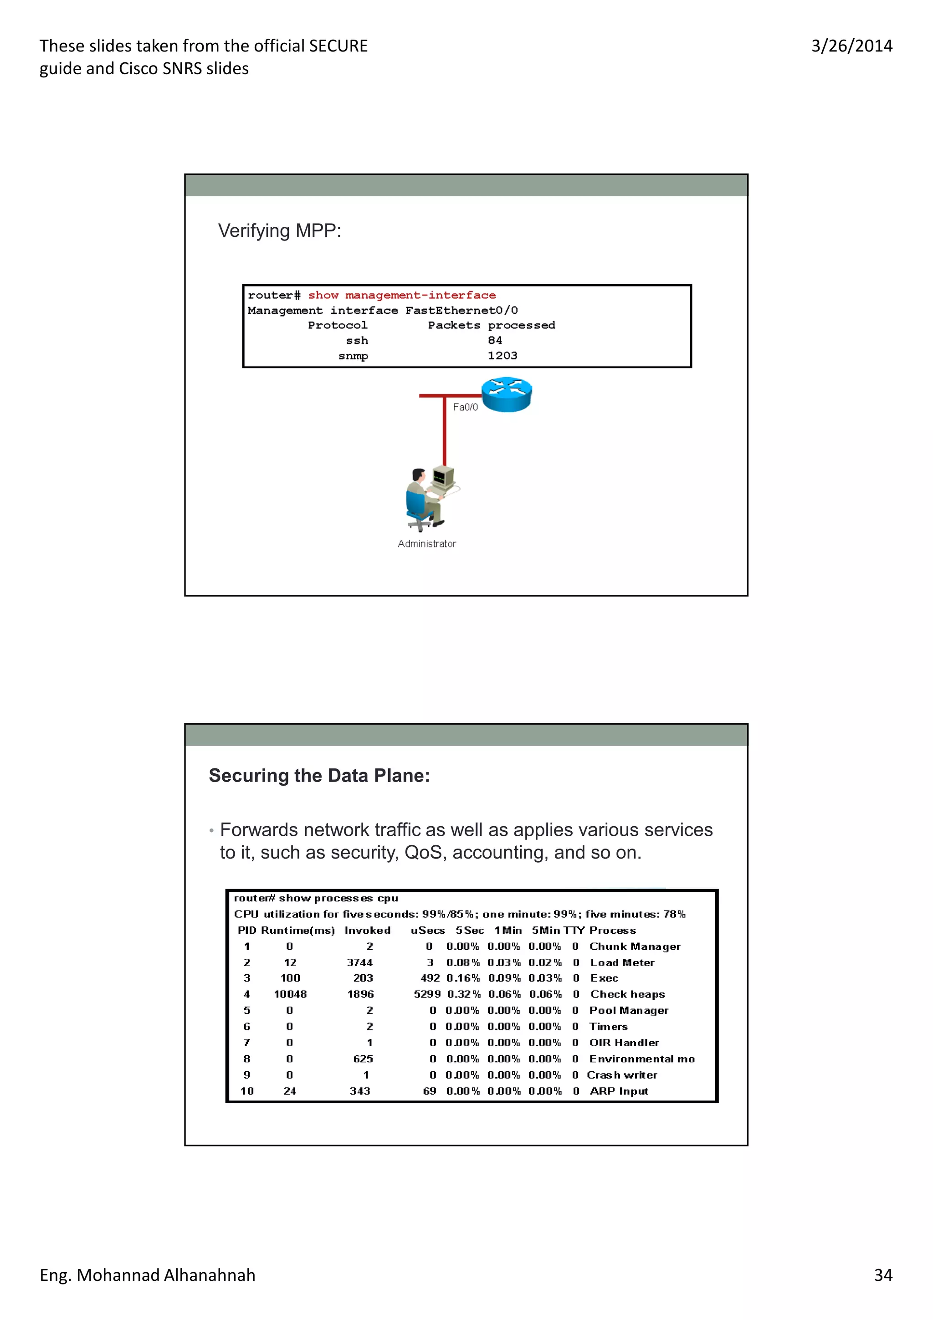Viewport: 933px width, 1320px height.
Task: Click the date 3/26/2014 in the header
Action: [851, 46]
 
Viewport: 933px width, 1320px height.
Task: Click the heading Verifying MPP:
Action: [279, 230]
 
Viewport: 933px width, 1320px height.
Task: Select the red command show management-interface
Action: [402, 295]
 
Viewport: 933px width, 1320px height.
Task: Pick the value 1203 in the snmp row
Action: [502, 355]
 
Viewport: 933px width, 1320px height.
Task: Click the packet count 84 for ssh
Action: [495, 340]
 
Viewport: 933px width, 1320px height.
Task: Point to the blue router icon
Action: [507, 394]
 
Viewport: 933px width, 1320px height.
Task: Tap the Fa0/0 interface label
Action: [465, 407]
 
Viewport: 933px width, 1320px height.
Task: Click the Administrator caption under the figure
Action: [426, 544]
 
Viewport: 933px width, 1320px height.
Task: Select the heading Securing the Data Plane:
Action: [319, 776]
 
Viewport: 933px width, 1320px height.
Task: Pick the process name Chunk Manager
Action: [635, 947]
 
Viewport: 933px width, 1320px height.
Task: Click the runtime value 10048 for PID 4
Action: [290, 994]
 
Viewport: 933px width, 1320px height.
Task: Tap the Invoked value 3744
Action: [360, 962]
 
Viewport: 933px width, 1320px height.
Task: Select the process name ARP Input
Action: [619, 1091]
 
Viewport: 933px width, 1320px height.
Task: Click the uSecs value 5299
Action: [427, 994]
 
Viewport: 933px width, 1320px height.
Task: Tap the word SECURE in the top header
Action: [338, 46]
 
